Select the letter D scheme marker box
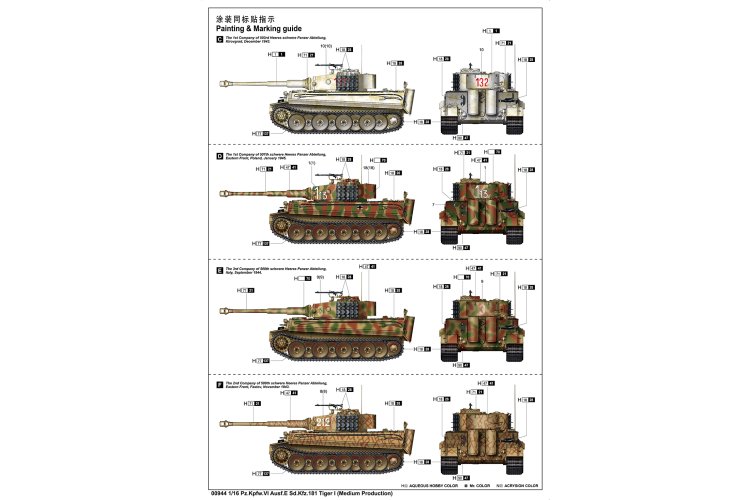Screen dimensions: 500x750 coord(219,157)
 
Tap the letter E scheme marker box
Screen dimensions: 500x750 coord(219,270)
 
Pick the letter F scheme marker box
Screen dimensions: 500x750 coord(219,383)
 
